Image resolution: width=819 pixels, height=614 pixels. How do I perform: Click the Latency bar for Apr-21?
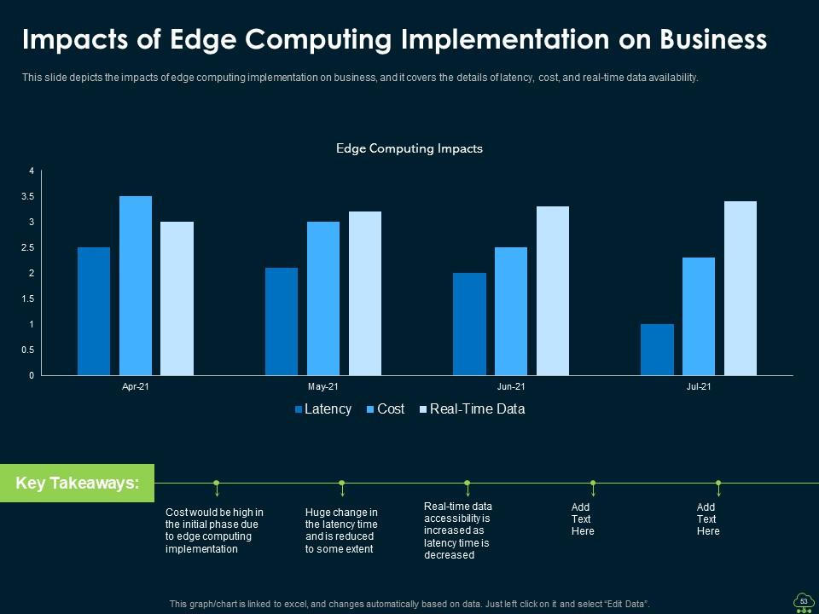pyautogui.click(x=94, y=311)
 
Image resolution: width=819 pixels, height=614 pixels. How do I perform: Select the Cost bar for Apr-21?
pyautogui.click(x=136, y=286)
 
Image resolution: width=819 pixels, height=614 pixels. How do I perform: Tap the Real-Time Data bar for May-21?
pyautogui.click(x=364, y=293)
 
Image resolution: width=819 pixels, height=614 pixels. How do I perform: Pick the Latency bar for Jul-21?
pyautogui.click(x=657, y=350)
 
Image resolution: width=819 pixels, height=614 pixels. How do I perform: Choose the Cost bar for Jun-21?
pyautogui.click(x=511, y=311)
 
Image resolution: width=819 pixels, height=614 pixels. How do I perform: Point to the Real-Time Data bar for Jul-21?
pyautogui.click(x=740, y=288)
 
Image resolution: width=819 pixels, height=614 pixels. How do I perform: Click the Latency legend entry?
pyautogui.click(x=322, y=409)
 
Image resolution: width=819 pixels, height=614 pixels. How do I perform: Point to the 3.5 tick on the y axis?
pyautogui.click(x=28, y=197)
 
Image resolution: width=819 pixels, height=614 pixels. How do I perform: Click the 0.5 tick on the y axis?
pyautogui.click(x=28, y=350)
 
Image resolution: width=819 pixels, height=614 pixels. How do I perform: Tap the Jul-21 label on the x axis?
pyautogui.click(x=699, y=387)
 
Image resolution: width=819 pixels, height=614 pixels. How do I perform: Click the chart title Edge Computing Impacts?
pyautogui.click(x=409, y=148)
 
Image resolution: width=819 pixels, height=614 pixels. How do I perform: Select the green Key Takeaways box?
pyautogui.click(x=77, y=483)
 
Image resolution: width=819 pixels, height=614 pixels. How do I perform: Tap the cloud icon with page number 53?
pyautogui.click(x=803, y=601)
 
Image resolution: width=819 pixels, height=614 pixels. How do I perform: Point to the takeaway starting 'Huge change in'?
pyautogui.click(x=341, y=530)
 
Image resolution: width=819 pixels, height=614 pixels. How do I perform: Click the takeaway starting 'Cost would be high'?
pyautogui.click(x=214, y=530)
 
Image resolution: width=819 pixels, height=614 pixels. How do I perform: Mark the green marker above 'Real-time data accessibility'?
pyautogui.click(x=468, y=484)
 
